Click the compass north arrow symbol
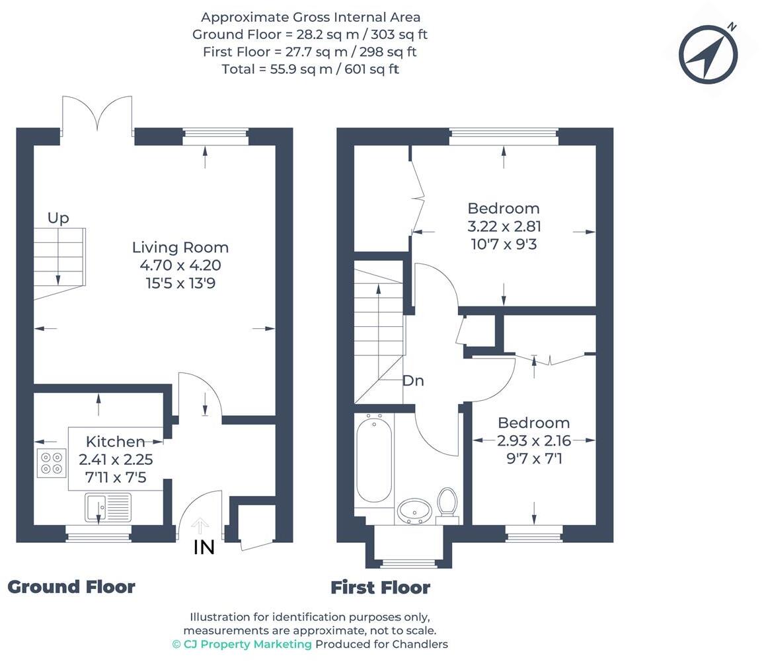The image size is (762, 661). coord(708,54)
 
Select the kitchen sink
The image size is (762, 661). coord(108,508)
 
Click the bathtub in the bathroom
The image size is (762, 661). coord(374,461)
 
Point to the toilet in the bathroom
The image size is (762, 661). coord(447,505)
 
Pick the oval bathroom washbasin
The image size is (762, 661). coord(414,511)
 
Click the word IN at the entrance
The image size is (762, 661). coord(204,547)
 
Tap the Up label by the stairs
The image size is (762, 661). coord(58,218)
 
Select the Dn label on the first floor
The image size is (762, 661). coord(414,381)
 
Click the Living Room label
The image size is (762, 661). coord(180,247)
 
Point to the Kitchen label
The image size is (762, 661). coord(115,442)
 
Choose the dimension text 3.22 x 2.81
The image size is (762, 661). coord(504,226)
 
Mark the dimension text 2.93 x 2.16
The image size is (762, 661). coord(534,440)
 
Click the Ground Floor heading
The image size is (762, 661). coord(71,586)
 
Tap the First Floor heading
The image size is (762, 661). coord(381,588)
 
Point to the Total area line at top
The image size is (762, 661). coord(311,69)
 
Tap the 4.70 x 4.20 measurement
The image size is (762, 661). coord(180,265)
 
